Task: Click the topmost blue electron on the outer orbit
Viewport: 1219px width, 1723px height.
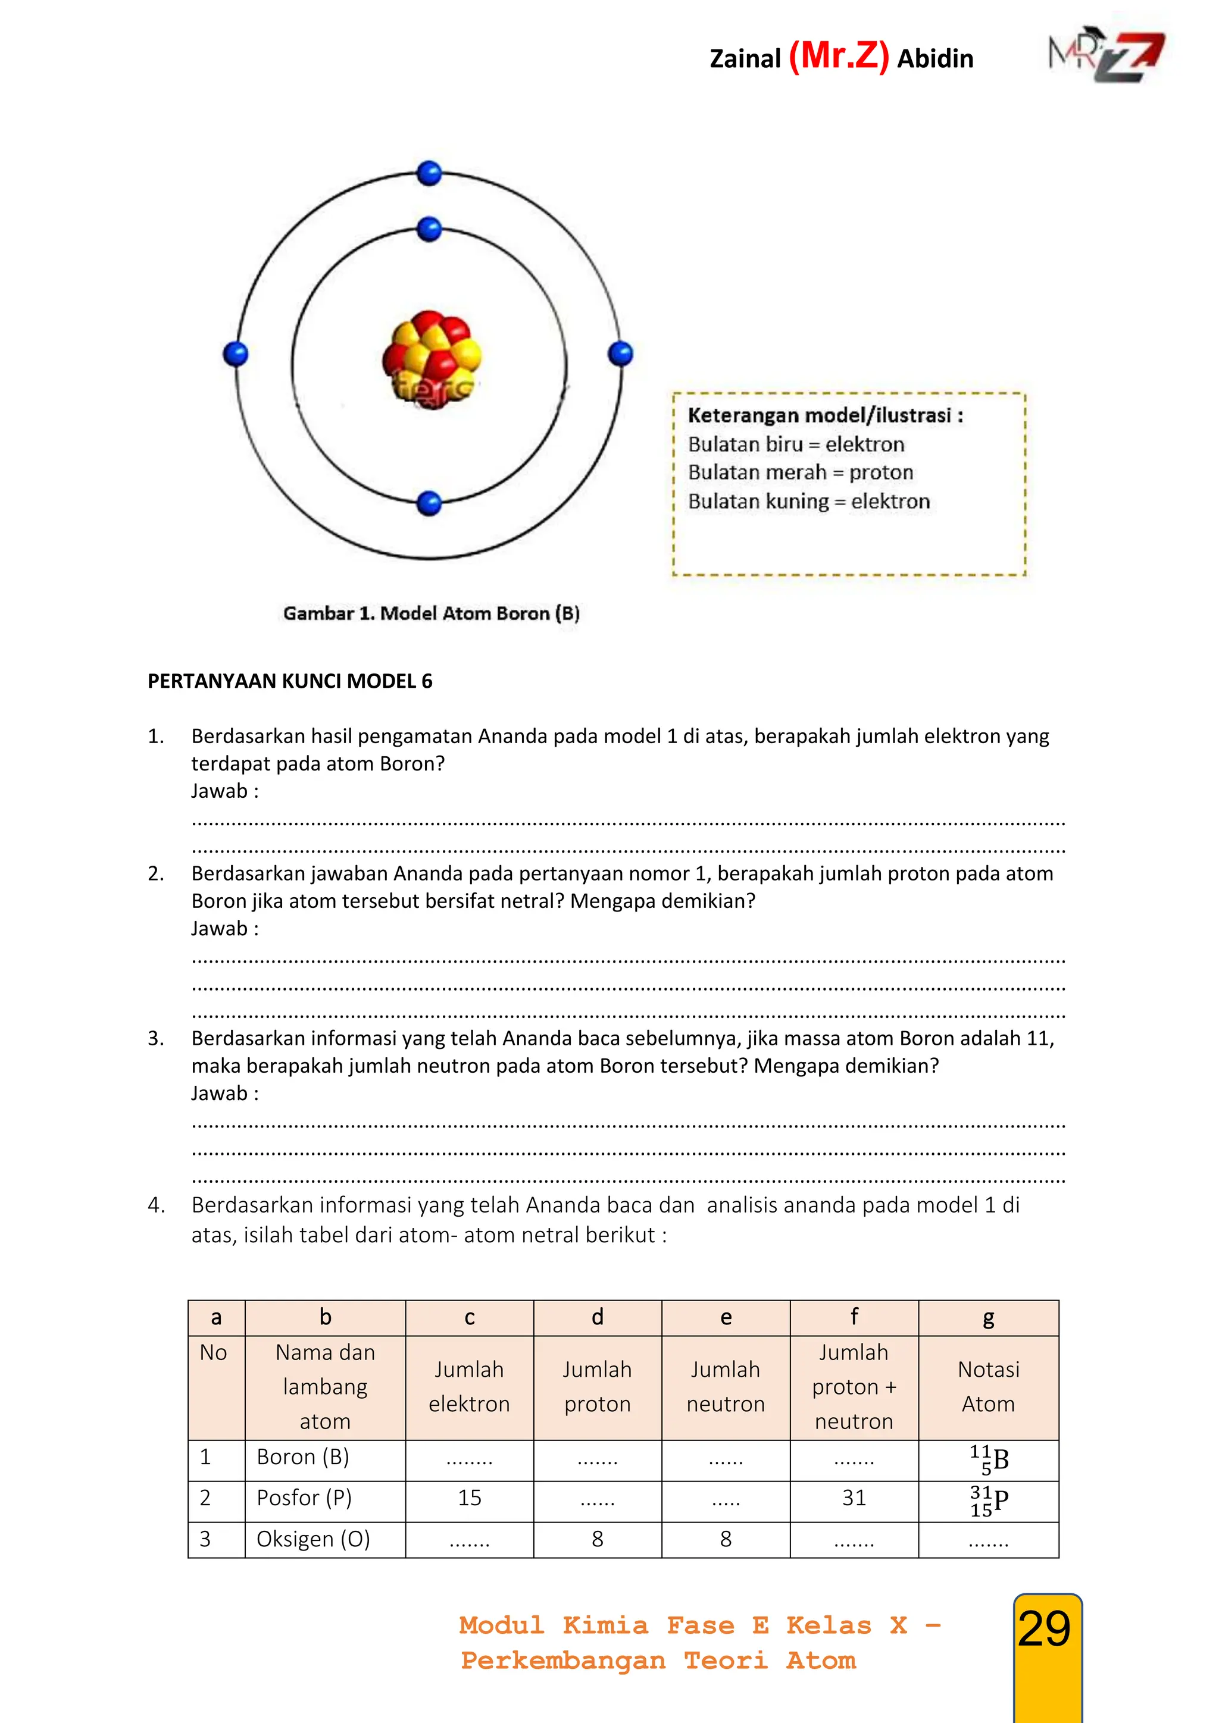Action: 429,173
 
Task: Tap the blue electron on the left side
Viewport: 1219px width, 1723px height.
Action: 236,353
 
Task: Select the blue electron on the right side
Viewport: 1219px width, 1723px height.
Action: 621,353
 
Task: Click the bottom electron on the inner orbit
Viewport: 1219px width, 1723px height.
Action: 429,503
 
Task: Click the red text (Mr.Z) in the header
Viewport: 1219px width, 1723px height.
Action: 839,57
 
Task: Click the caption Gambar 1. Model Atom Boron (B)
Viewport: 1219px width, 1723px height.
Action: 431,613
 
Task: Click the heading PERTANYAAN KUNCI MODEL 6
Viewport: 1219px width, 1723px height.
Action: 290,681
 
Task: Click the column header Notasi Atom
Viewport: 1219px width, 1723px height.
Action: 988,1387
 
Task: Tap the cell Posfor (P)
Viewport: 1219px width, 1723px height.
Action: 304,1498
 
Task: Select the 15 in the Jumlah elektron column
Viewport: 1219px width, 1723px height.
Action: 469,1498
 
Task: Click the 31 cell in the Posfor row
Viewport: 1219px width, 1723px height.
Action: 854,1498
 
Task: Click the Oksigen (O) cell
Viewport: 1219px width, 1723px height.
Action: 313,1539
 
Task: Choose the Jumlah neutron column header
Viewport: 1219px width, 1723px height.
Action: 725,1387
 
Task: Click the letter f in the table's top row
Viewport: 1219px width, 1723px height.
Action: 854,1317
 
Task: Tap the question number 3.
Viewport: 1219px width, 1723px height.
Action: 155,1039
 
